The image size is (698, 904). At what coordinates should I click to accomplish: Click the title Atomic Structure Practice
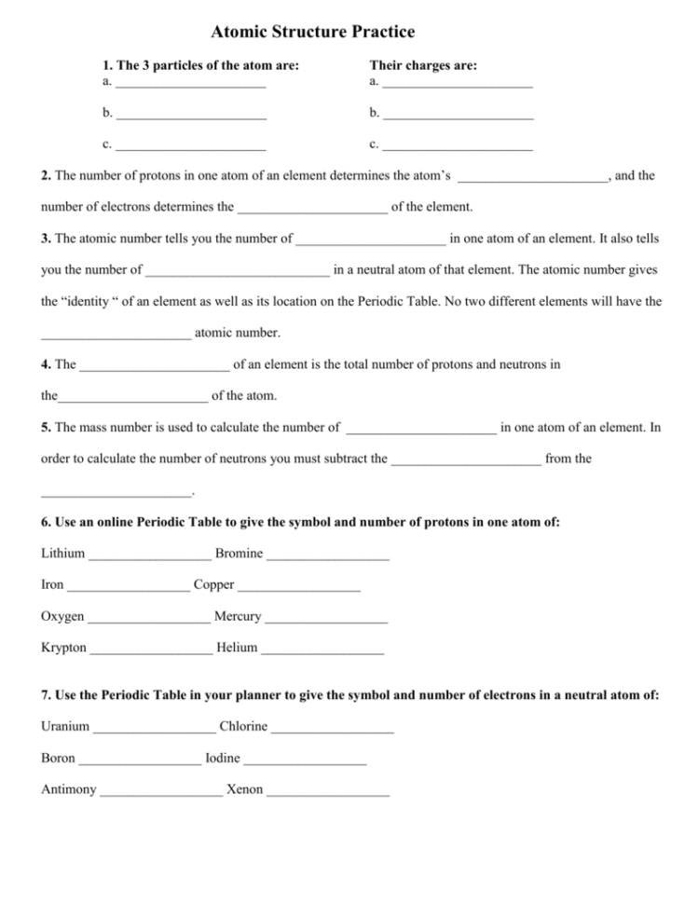(313, 33)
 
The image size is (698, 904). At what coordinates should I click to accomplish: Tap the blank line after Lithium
(149, 557)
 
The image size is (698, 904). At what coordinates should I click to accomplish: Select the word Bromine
(239, 554)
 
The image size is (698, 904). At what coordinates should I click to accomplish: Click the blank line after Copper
(298, 589)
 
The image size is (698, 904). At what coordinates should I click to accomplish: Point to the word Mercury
(238, 617)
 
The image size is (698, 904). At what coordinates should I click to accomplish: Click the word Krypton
(63, 648)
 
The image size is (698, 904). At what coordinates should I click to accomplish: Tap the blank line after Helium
(322, 651)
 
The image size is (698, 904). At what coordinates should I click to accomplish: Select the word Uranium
(65, 727)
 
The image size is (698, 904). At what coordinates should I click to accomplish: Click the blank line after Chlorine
(333, 731)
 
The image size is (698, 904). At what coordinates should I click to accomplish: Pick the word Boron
(58, 759)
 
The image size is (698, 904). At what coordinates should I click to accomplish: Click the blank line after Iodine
(304, 762)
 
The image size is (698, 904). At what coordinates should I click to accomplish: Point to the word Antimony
(68, 790)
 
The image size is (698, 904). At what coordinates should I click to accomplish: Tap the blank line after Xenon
(327, 794)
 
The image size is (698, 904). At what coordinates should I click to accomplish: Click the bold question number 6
(46, 522)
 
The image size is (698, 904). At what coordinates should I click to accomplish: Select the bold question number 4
(46, 364)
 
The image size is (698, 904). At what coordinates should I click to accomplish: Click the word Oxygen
(62, 617)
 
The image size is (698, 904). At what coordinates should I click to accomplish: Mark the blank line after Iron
(129, 589)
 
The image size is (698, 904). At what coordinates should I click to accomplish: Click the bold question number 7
(46, 695)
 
